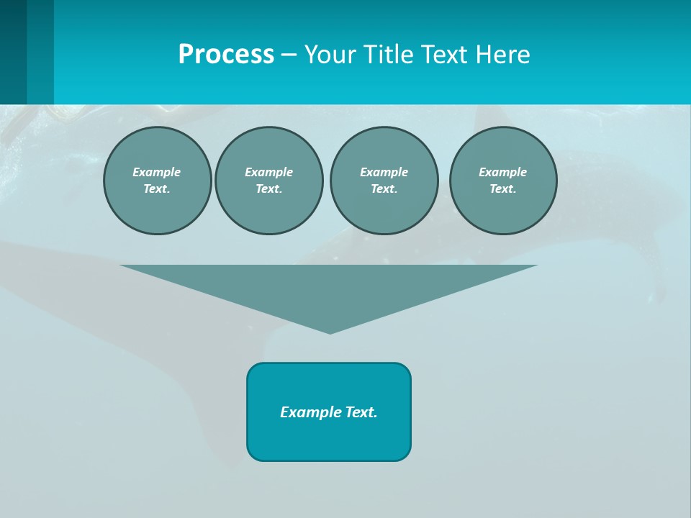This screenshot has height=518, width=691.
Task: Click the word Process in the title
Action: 226,55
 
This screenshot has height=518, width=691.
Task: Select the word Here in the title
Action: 503,55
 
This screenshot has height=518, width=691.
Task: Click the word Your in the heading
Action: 329,55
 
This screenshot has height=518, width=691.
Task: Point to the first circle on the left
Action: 157,180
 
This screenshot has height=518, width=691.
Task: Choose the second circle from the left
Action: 268,180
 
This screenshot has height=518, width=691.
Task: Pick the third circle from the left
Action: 384,180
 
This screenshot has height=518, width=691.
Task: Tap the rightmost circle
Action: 502,180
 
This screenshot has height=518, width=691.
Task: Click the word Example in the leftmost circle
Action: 157,172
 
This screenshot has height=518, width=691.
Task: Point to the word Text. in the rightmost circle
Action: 502,188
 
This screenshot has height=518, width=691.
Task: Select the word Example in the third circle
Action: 384,172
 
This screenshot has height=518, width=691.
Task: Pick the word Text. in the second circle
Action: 268,188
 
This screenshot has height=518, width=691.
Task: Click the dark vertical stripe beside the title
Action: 14,52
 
